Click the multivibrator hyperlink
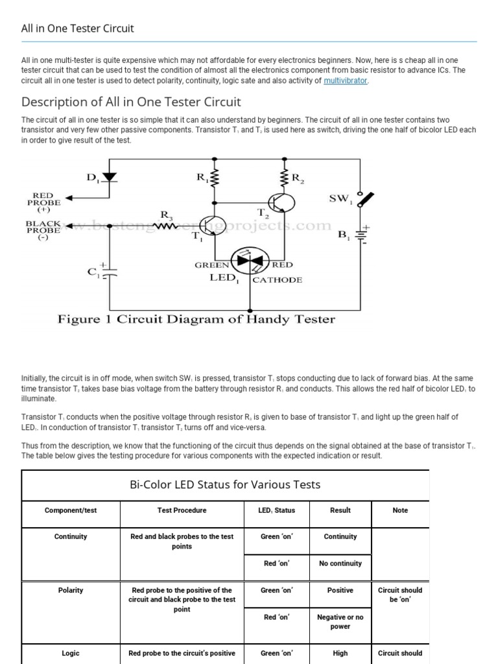(x=346, y=81)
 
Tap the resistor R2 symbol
(x=284, y=178)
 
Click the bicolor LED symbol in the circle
(x=250, y=259)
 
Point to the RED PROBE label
(x=45, y=200)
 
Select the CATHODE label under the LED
(x=277, y=280)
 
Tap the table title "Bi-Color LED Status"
(x=226, y=485)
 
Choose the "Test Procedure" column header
(x=182, y=510)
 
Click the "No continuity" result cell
(x=340, y=563)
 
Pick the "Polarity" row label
(x=71, y=591)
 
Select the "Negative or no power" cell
(x=340, y=622)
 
